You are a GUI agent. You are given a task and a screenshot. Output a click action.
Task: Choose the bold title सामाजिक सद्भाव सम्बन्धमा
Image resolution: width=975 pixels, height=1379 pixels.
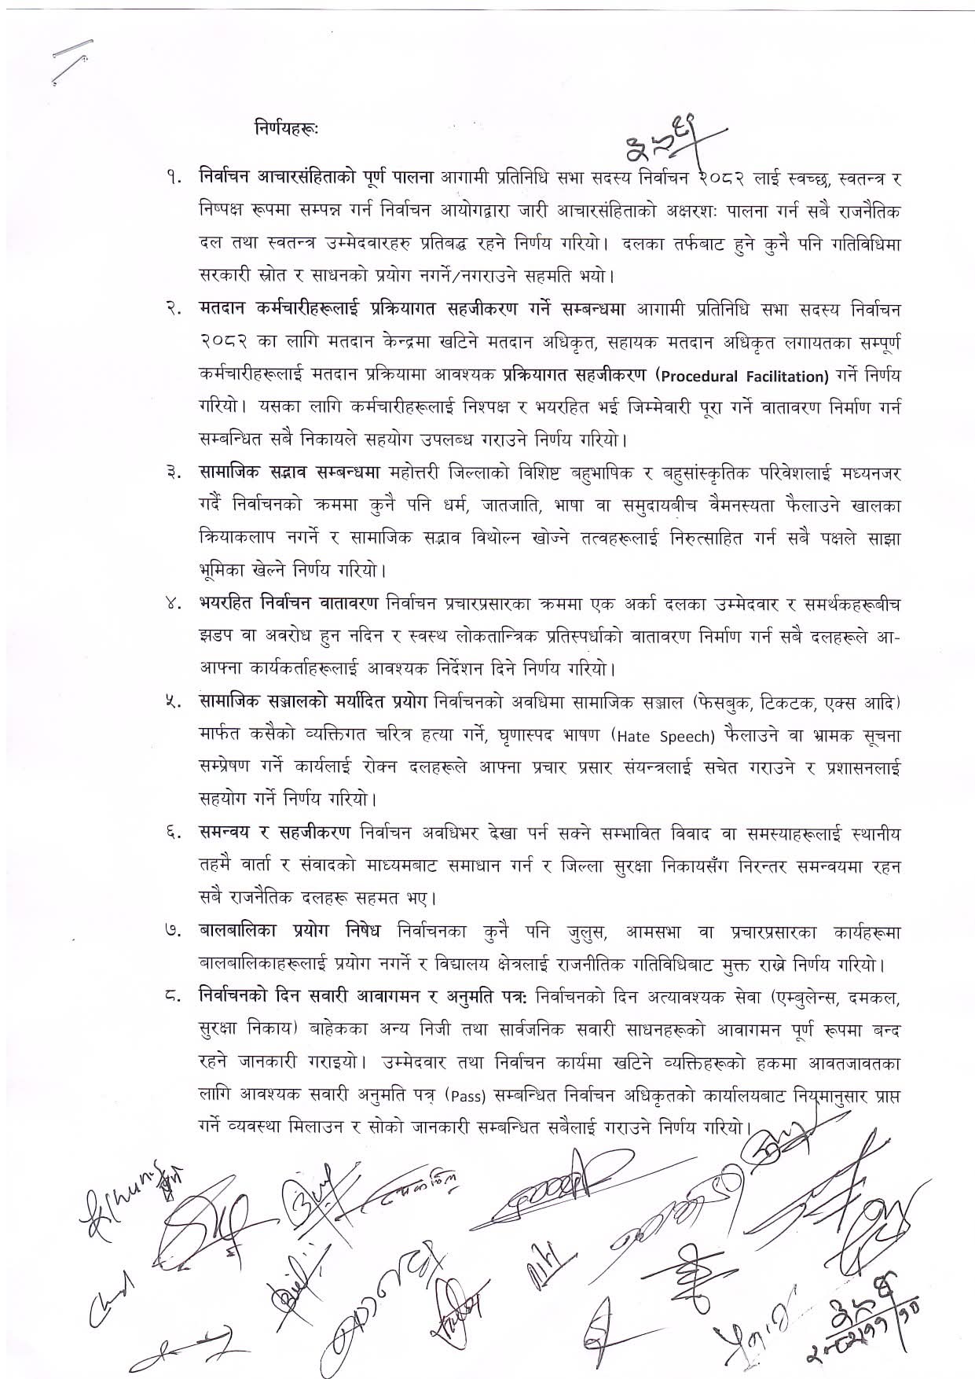tap(289, 473)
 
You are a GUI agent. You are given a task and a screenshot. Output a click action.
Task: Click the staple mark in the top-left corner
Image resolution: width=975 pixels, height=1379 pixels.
tap(71, 58)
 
